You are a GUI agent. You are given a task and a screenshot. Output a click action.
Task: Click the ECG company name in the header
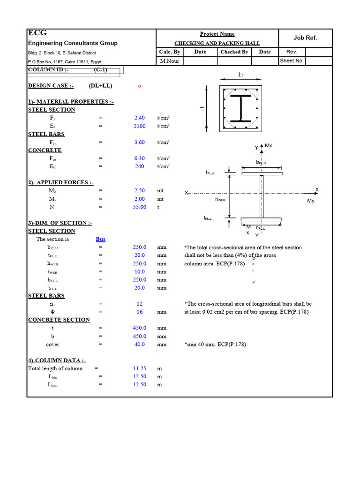point(37,33)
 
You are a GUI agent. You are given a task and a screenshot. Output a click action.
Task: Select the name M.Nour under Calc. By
point(169,61)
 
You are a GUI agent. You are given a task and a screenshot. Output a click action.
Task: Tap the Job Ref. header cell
point(305,38)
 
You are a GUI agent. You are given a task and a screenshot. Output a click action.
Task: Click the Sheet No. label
point(292,61)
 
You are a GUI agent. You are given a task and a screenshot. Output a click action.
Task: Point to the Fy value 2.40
point(140,118)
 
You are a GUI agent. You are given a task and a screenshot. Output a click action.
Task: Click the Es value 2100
point(140,126)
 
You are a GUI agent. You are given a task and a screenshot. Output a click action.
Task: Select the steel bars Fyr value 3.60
point(140,142)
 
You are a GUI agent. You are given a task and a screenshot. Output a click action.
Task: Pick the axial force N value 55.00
point(140,207)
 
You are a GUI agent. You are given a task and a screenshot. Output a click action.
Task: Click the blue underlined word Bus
point(100,239)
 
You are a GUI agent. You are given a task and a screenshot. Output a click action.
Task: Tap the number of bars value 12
point(140,304)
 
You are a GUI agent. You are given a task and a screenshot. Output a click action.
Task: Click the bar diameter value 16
point(140,312)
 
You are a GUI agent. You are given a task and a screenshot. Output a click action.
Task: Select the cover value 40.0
point(140,344)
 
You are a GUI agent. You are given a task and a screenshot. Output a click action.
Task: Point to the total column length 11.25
point(140,368)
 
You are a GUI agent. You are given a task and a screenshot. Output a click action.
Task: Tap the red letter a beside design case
point(140,86)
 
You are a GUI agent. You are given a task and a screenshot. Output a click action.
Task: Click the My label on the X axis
point(311,201)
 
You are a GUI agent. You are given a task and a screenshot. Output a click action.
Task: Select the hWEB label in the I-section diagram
point(220,199)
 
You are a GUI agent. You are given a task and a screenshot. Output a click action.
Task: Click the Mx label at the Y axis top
point(269,146)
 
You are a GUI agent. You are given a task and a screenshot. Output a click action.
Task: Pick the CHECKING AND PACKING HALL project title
point(217,43)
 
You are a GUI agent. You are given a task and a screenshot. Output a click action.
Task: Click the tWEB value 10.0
point(140,271)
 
